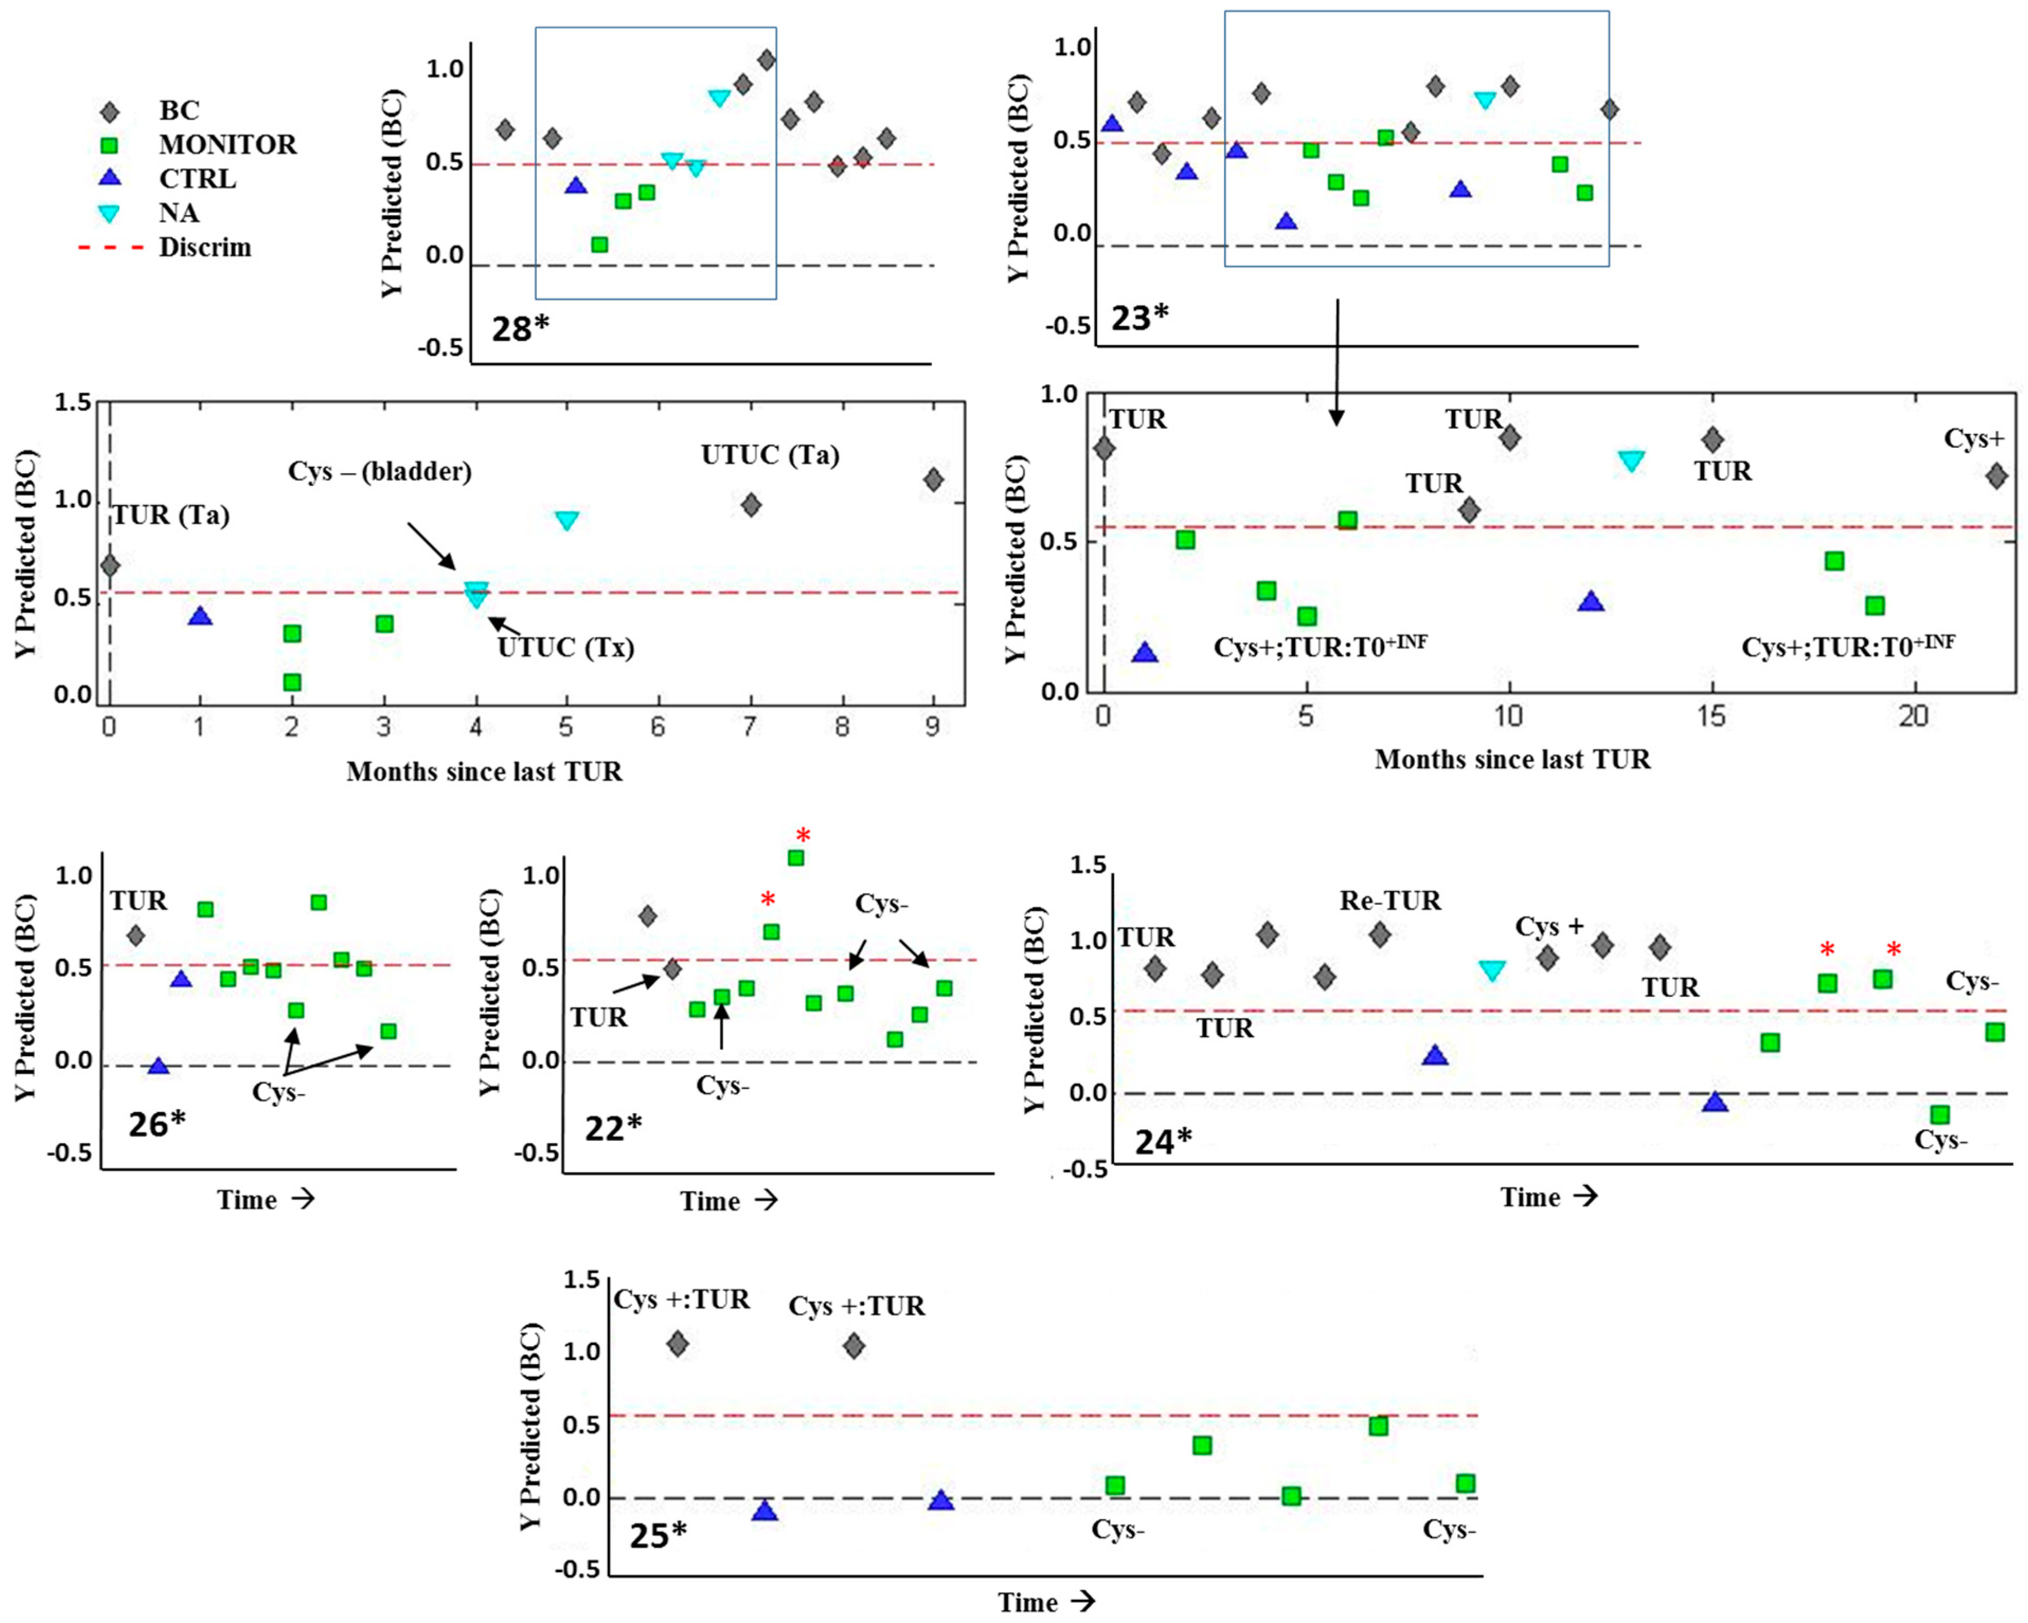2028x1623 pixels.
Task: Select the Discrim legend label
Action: [x=205, y=247]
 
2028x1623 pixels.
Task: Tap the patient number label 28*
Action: [x=520, y=329]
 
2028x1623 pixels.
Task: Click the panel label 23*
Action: [x=1139, y=318]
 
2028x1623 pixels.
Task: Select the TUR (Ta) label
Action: [x=171, y=515]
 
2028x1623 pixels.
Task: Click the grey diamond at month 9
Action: [x=933, y=480]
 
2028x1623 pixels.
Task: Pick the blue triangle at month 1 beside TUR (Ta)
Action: [x=200, y=617]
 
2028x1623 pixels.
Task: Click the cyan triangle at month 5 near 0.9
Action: [x=566, y=520]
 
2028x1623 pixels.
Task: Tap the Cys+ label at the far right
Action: [x=1975, y=438]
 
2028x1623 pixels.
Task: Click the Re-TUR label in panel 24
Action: [x=1390, y=901]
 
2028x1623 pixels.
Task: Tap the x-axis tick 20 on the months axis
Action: [x=1913, y=717]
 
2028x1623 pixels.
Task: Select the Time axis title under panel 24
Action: [x=1548, y=1197]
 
